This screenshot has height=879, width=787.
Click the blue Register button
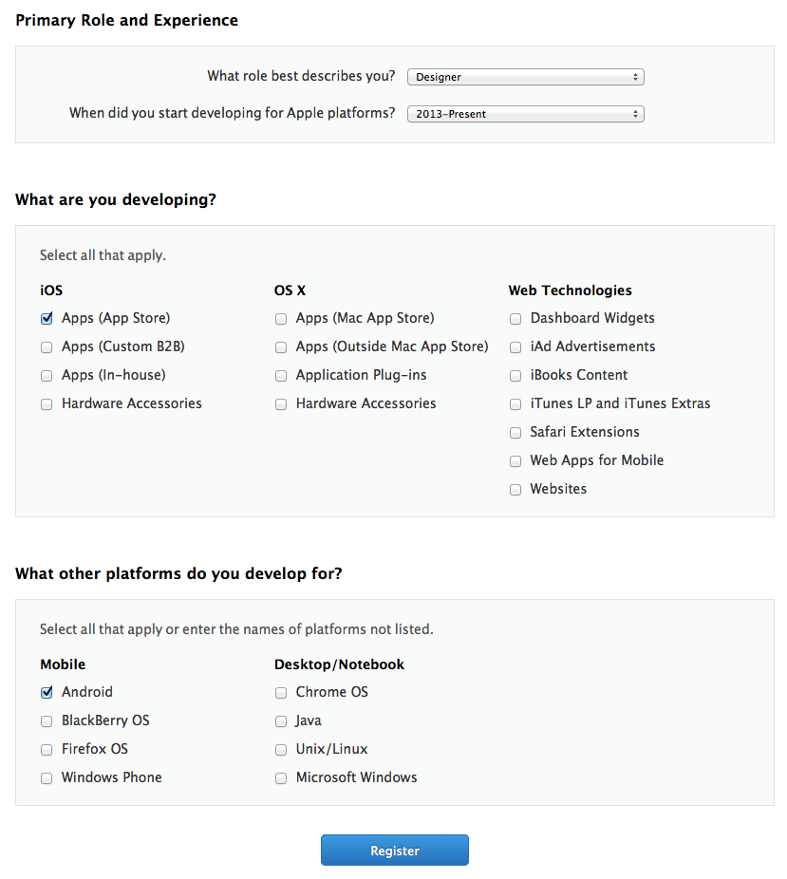coord(394,851)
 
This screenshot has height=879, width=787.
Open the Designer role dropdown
coord(525,77)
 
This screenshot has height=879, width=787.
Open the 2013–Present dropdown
coord(525,114)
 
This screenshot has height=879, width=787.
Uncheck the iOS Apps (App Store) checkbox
coord(47,319)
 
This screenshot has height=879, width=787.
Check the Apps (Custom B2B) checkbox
coord(47,347)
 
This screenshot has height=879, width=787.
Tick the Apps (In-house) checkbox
coord(47,376)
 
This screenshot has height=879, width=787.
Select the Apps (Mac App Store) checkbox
coord(281,319)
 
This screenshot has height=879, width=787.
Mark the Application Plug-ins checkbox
coord(281,376)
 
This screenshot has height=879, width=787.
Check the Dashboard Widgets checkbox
coord(515,319)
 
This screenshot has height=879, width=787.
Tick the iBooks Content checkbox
coord(515,376)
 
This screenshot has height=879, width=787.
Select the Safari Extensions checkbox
coord(515,433)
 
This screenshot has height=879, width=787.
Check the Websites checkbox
coord(515,490)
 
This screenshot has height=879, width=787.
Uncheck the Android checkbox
coord(47,693)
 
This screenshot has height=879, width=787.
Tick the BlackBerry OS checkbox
coord(47,721)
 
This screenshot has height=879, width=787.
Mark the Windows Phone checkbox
coord(47,778)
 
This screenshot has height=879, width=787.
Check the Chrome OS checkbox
coord(281,693)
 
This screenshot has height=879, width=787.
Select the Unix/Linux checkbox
coord(281,750)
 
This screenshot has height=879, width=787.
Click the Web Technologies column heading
coord(570,290)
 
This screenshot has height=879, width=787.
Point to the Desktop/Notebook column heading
coord(339,664)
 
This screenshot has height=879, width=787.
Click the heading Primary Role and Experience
coord(127,20)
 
